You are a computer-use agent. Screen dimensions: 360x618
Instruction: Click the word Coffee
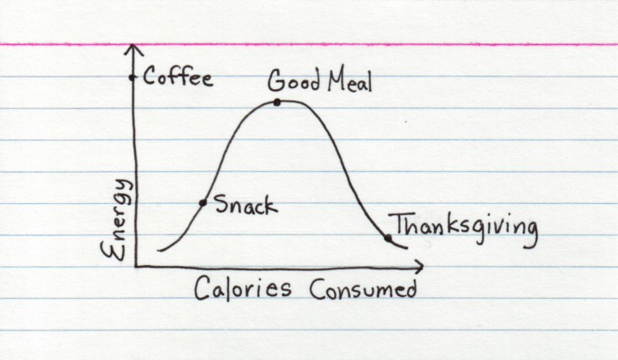click(x=178, y=79)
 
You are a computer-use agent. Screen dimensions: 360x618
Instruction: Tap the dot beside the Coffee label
click(x=132, y=78)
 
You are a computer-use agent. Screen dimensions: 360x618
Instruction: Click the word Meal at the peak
click(x=346, y=82)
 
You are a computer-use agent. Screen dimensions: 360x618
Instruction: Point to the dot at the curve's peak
click(x=276, y=102)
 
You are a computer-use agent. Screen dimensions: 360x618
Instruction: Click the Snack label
click(x=245, y=204)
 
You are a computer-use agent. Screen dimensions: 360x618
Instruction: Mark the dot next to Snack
click(x=202, y=203)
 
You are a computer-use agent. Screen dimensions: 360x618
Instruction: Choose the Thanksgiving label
click(x=464, y=227)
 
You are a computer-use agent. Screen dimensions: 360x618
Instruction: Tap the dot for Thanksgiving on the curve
click(x=388, y=237)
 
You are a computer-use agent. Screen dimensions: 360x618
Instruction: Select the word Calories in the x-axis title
click(x=244, y=290)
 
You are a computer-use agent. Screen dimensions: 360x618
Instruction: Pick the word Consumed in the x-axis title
click(x=363, y=290)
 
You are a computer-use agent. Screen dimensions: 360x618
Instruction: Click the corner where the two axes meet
click(x=134, y=266)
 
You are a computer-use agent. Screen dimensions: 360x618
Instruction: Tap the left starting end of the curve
click(x=159, y=250)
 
